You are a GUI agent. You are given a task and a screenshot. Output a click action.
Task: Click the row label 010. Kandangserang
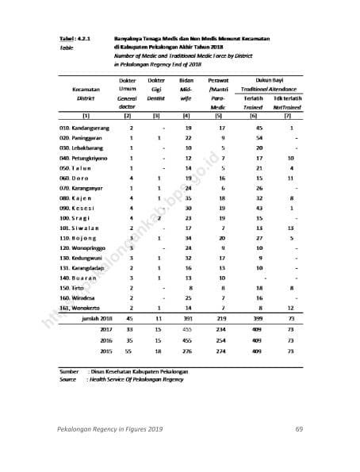pos(84,128)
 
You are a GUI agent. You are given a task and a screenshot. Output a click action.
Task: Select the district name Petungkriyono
pos(89,158)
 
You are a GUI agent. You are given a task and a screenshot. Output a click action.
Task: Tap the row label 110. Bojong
pos(78,237)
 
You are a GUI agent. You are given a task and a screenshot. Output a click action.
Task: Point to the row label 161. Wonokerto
pos(82,307)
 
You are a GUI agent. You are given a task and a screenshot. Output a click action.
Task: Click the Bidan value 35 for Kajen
pos(188,198)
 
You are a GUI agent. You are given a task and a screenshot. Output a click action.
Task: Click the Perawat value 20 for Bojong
pos(223,237)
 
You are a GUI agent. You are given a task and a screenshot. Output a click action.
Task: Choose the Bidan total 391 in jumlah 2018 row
pos(188,317)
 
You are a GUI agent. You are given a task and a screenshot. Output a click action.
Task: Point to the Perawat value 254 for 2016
pos(223,339)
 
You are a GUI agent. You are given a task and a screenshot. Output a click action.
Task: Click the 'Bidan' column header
pos(188,81)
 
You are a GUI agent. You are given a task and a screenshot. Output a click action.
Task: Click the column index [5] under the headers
pos(223,117)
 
